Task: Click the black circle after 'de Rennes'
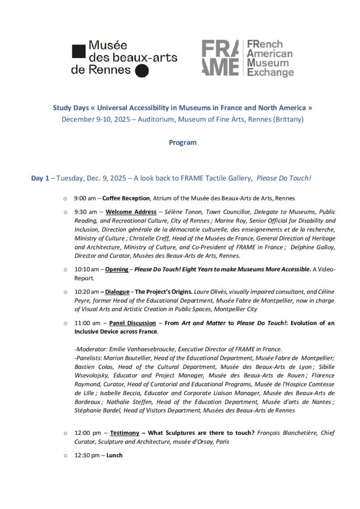[142, 71]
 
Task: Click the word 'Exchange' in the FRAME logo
[270, 73]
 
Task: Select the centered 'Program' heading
[182, 143]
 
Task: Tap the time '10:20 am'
[87, 290]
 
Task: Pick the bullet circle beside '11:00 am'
[66, 324]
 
